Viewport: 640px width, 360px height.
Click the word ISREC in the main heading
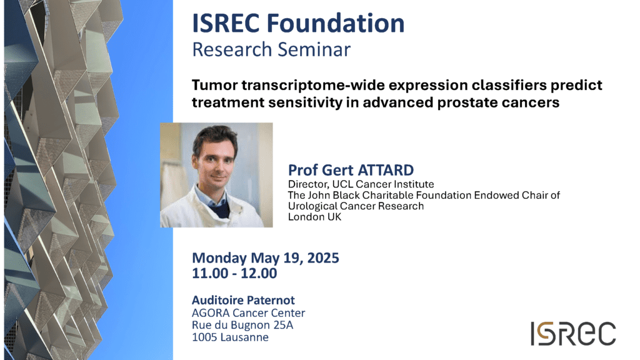[226, 23]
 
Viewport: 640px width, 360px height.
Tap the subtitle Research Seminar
[271, 49]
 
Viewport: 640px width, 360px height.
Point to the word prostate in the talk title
[467, 102]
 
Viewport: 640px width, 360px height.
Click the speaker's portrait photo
[216, 175]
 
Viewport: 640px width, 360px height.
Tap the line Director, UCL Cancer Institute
[361, 184]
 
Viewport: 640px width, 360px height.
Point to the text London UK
[314, 217]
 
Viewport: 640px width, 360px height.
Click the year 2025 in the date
[323, 258]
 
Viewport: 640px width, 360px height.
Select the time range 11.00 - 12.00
[234, 273]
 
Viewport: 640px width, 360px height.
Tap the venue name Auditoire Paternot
[243, 300]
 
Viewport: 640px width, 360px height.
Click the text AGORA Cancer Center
[249, 313]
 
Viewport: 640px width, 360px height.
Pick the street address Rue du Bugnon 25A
[242, 325]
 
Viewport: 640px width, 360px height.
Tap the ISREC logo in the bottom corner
[573, 333]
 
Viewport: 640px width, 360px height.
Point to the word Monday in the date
[219, 258]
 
